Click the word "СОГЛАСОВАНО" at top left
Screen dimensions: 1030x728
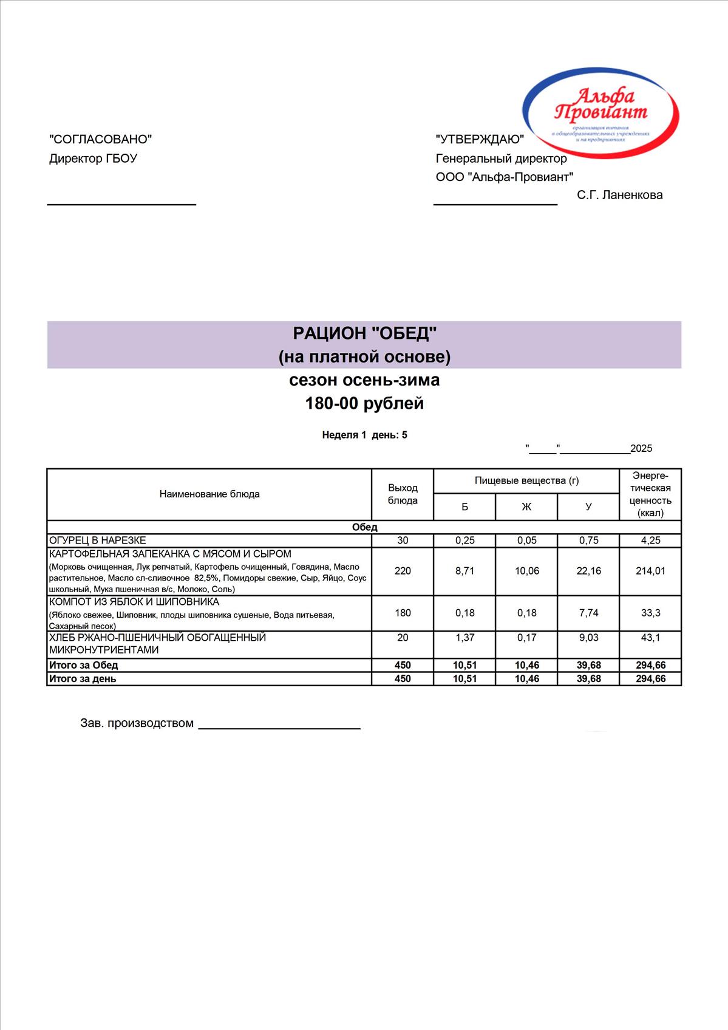(100, 140)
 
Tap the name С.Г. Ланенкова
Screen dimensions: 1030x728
(619, 195)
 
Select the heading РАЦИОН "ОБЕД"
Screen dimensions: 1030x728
(364, 333)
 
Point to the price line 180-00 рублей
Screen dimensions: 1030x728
(364, 404)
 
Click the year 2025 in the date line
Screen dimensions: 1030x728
(641, 449)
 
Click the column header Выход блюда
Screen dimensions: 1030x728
(403, 494)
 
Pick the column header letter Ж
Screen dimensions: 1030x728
(526, 506)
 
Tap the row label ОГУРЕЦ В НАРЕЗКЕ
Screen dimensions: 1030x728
(98, 541)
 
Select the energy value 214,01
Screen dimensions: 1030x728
(650, 571)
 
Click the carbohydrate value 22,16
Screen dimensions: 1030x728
(588, 571)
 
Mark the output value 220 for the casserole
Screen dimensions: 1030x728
(403, 571)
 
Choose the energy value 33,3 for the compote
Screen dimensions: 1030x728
(650, 613)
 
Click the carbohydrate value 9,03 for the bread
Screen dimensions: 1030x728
(588, 638)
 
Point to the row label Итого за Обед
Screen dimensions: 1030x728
(84, 665)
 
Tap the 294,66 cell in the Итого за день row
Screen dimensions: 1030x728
(650, 679)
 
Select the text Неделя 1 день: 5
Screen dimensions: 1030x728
(364, 435)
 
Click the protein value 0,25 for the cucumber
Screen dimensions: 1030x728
(464, 541)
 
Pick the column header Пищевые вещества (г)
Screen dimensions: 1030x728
(526, 481)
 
